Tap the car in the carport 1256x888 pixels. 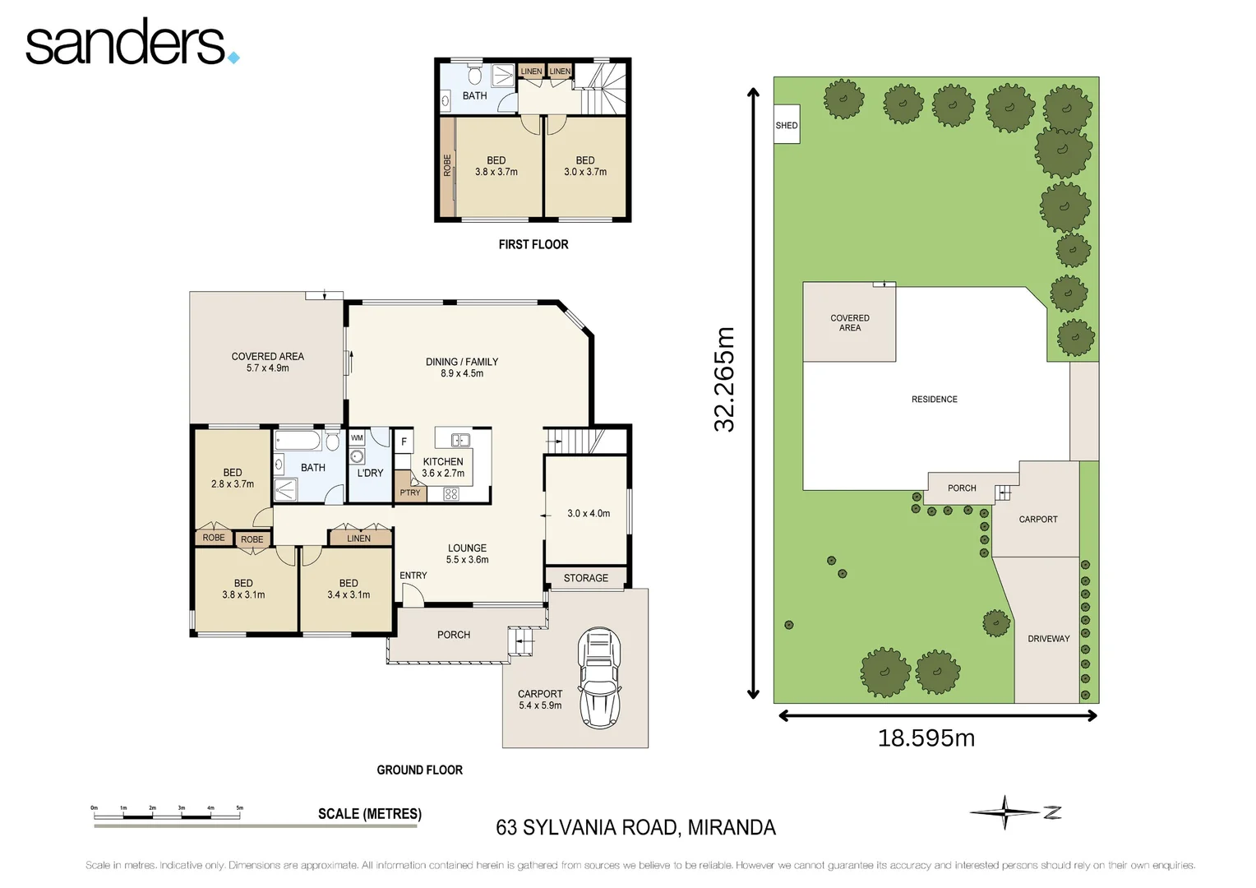coord(599,678)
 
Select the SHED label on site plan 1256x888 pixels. coord(787,126)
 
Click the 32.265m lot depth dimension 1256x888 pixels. coord(724,379)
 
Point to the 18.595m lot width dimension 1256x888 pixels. coord(926,738)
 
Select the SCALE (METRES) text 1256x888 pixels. coord(369,814)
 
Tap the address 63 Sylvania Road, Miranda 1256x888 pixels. coord(635,827)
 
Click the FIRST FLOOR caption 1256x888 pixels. coord(533,244)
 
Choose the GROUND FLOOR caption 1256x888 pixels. coord(419,770)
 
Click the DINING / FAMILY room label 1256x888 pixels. coord(462,367)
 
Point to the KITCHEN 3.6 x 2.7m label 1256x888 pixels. coord(443,467)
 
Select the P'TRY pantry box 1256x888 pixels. coord(409,493)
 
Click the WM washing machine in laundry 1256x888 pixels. coord(357,438)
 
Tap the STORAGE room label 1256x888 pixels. coord(586,578)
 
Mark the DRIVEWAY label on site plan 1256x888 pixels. coord(1048,639)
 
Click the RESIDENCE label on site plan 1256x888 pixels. coord(934,400)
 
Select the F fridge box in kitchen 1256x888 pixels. coord(404,442)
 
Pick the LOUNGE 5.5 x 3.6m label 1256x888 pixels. coord(467,553)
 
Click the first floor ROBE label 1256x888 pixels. coord(447,165)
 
